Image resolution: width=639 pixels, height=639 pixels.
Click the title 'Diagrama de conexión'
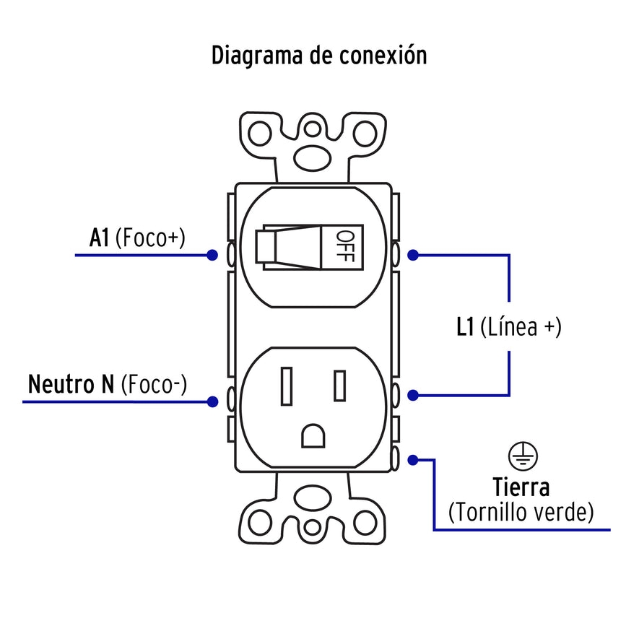tap(319, 56)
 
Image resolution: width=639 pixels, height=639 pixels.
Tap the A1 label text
tap(100, 238)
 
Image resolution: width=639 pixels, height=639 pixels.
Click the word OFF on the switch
tap(346, 245)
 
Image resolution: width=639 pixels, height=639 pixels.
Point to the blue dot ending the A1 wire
tap(212, 255)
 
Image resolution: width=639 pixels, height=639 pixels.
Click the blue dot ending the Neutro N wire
tap(212, 401)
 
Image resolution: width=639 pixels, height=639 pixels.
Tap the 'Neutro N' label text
tap(71, 385)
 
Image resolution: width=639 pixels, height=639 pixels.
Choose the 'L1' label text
tap(465, 327)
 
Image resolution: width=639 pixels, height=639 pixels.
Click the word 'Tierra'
tap(521, 487)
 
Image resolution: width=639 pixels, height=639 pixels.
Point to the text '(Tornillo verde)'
tap(521, 513)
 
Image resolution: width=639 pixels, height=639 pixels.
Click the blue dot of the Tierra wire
tap(413, 459)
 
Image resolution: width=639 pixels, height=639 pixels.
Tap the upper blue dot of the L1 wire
tap(413, 255)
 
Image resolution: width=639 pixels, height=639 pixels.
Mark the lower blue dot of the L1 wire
tap(413, 395)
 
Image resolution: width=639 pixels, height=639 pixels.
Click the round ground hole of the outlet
tap(313, 435)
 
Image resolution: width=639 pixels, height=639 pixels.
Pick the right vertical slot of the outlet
tap(339, 385)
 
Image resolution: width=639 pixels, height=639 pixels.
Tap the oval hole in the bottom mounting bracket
tap(313, 498)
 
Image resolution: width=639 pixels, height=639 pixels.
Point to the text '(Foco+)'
tap(150, 238)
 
